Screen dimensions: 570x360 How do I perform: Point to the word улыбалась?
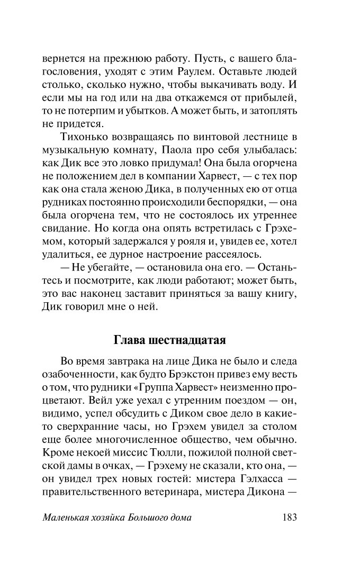(270, 152)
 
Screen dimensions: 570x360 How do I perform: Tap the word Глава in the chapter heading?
(129, 340)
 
